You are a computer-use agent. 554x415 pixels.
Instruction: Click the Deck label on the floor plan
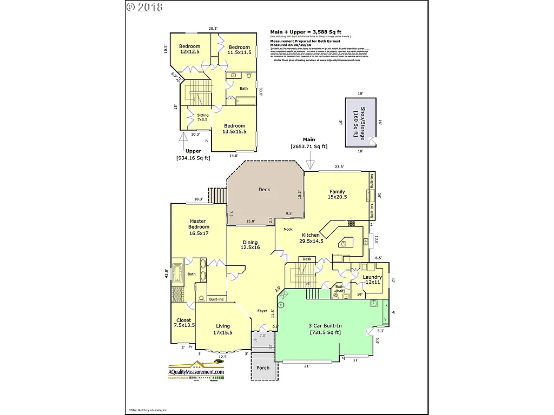point(264,190)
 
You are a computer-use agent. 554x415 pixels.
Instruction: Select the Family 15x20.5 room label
point(338,195)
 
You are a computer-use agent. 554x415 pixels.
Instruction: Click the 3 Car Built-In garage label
point(325,329)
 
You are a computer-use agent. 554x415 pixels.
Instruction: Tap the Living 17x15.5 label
point(223,330)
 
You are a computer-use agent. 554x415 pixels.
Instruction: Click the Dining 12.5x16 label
point(250,245)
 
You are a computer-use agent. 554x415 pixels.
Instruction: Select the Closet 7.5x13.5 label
point(183,323)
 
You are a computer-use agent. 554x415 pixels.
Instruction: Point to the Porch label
point(263,368)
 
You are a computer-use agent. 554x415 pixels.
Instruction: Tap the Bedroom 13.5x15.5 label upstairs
point(235,129)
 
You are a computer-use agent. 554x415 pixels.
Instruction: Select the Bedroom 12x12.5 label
point(190,49)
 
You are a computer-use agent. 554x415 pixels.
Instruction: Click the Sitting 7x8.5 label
point(203,117)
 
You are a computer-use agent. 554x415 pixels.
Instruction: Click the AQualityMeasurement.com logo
point(196,372)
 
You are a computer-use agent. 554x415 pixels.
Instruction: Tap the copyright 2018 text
point(144,7)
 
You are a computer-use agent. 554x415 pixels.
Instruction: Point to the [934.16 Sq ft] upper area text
point(193,158)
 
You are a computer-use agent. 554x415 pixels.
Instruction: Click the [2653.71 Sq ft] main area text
point(309,146)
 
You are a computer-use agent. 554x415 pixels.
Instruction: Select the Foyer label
point(262,311)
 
